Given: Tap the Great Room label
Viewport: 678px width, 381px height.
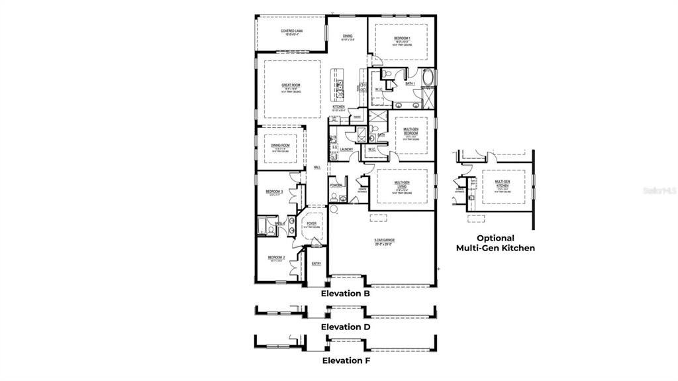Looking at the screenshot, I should (291, 85).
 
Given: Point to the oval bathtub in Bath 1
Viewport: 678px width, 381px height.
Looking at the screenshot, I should (426, 79).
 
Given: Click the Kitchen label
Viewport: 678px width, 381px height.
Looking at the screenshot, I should (339, 106).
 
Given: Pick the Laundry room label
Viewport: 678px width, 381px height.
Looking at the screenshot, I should (346, 149).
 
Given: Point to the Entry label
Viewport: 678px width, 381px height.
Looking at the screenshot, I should (316, 264).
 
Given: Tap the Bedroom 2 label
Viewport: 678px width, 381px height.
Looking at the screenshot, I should (276, 257).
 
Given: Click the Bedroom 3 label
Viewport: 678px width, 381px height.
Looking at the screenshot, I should (274, 191).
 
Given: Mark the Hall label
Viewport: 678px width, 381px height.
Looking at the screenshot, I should (316, 167).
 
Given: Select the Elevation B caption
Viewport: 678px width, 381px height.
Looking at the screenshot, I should (345, 292).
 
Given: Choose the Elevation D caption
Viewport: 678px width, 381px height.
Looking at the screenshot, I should (345, 327).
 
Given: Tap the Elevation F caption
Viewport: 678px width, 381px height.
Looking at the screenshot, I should (345, 361).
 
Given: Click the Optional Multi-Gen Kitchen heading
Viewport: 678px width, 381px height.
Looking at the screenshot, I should (495, 243).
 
